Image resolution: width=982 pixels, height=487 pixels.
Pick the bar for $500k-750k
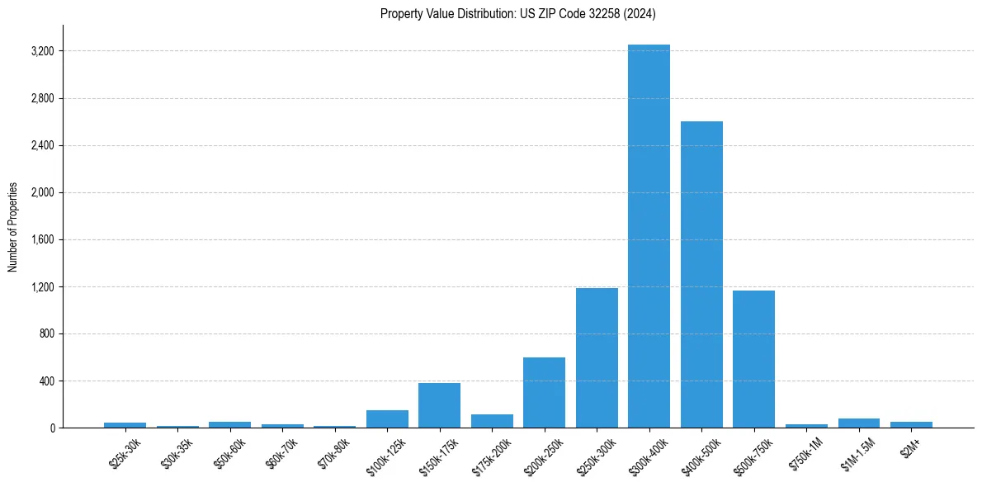click(x=753, y=359)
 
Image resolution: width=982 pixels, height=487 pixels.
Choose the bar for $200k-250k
click(x=544, y=393)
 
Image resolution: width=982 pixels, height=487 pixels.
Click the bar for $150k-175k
click(x=439, y=405)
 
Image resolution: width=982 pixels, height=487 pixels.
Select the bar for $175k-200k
click(x=492, y=421)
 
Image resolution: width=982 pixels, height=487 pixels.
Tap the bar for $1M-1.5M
click(x=858, y=423)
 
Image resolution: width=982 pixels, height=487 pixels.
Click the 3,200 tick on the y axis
click(x=41, y=51)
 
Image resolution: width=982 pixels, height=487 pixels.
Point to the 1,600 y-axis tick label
click(x=41, y=240)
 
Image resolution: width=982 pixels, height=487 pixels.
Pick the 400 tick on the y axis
click(x=45, y=381)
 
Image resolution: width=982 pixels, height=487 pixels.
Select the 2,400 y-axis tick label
click(x=41, y=146)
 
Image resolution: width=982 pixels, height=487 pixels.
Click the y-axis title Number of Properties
click(x=13, y=227)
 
